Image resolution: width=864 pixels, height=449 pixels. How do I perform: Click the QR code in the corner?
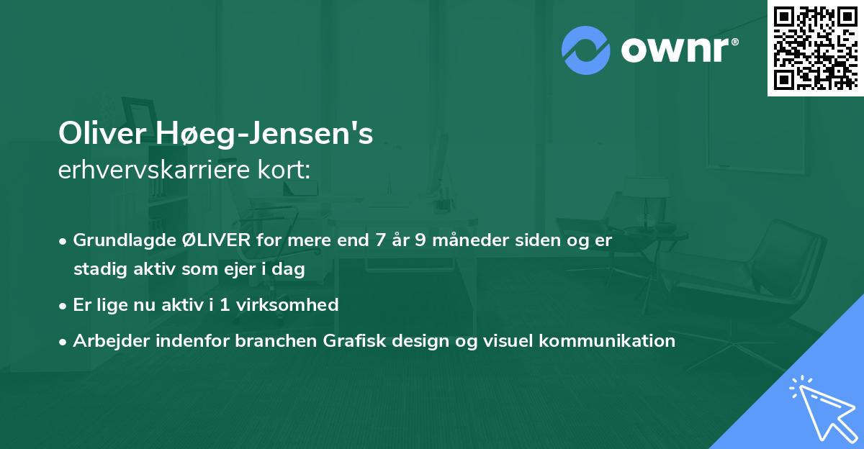click(x=816, y=47)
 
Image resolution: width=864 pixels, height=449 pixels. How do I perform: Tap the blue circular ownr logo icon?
click(x=585, y=50)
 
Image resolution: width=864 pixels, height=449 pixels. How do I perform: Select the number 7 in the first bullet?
click(x=379, y=240)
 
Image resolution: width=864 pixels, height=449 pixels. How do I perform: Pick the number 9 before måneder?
click(x=418, y=240)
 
